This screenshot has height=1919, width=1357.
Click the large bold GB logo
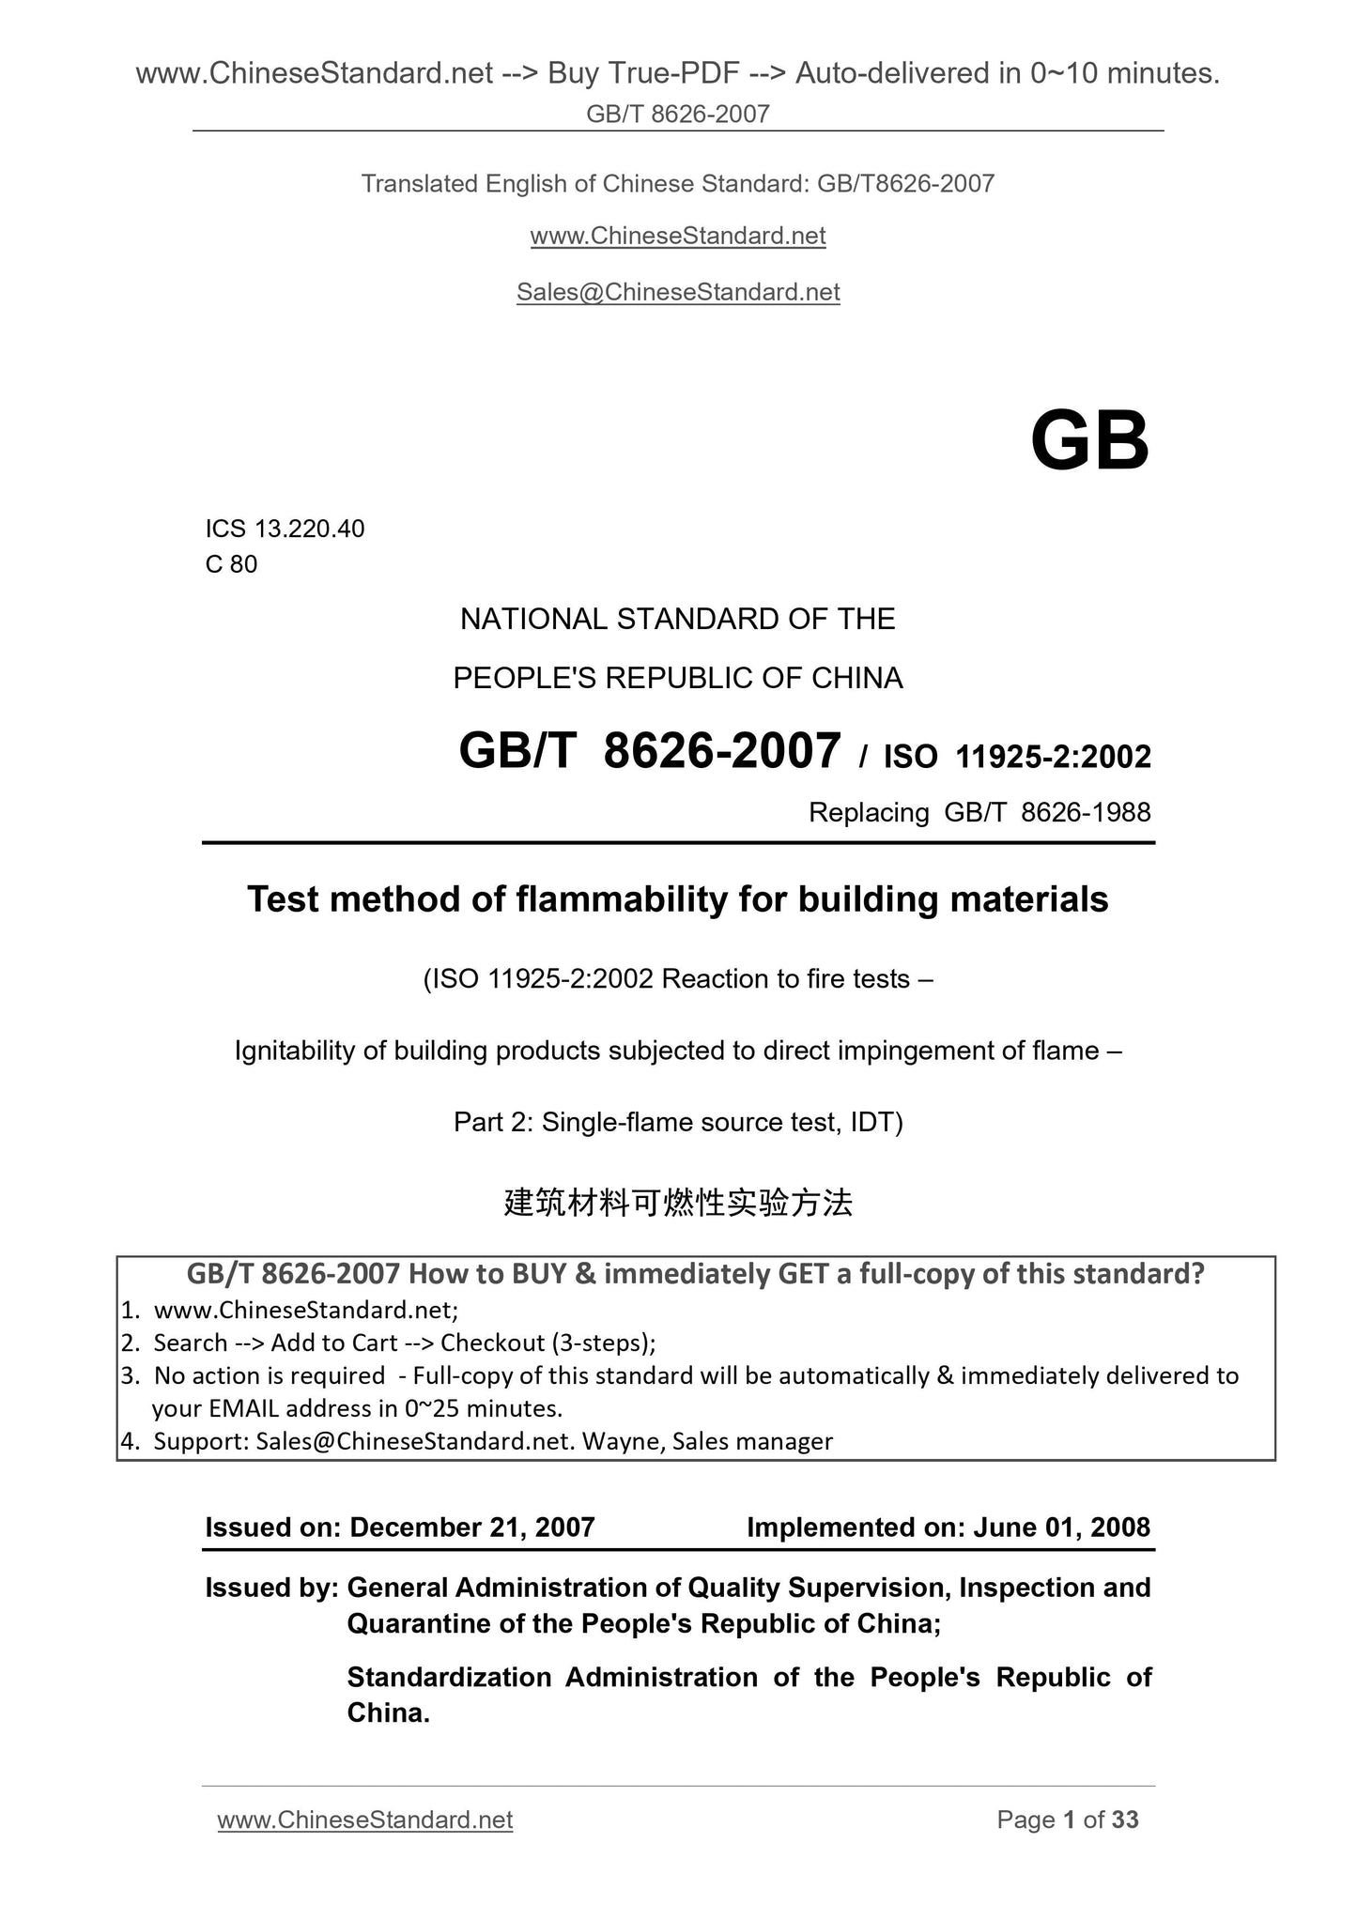pos(1089,441)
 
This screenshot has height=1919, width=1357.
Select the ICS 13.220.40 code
pos(285,529)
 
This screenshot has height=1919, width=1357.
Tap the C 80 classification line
pos(231,564)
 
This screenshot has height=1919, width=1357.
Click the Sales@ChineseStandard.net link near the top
pos(678,292)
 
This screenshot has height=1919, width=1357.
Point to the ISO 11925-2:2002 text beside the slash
pos(1017,757)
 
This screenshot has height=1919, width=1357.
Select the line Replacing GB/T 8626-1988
pos(979,812)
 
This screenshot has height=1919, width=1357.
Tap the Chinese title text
pos(678,1202)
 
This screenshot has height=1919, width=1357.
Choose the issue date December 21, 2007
pos(471,1528)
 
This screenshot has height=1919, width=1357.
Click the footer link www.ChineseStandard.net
pos(365,1820)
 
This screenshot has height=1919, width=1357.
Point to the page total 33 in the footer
pos(1125,1820)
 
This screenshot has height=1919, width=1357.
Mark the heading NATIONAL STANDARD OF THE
pos(678,620)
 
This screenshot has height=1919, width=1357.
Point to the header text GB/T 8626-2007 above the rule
pos(678,115)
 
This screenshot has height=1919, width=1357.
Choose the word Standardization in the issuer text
pos(449,1678)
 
